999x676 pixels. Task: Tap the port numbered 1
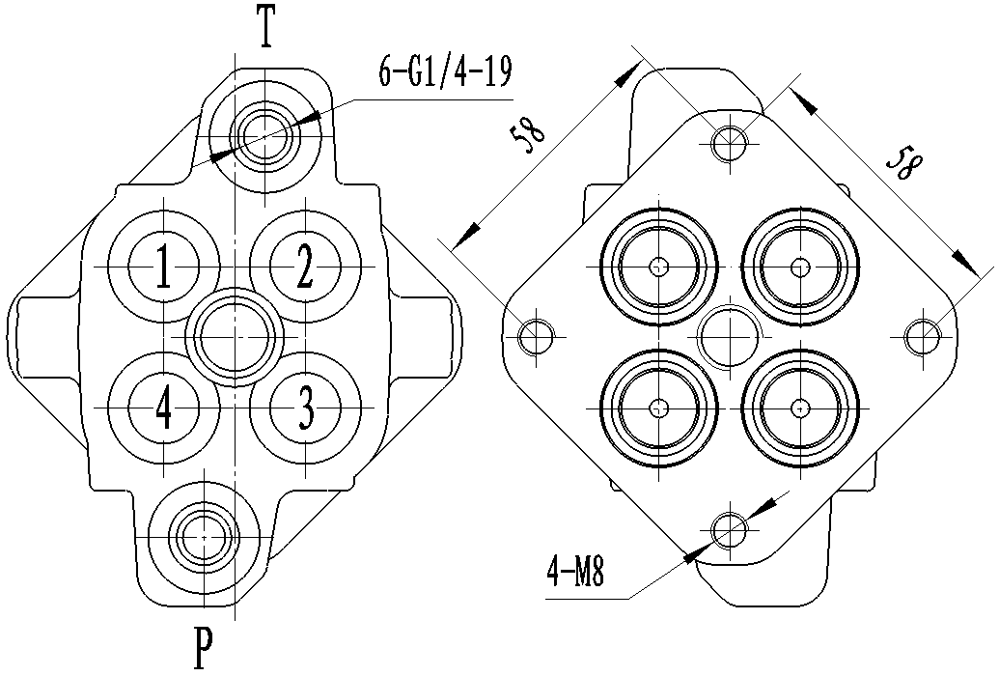pos(164,266)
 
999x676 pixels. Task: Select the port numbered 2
pos(305,266)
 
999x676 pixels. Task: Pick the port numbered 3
pos(305,409)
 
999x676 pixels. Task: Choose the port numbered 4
pos(164,409)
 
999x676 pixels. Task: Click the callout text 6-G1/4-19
pos(443,73)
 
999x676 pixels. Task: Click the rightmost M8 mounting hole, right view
pos(922,335)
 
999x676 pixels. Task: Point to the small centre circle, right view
pos(729,335)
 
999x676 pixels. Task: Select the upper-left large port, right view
pos(659,266)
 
